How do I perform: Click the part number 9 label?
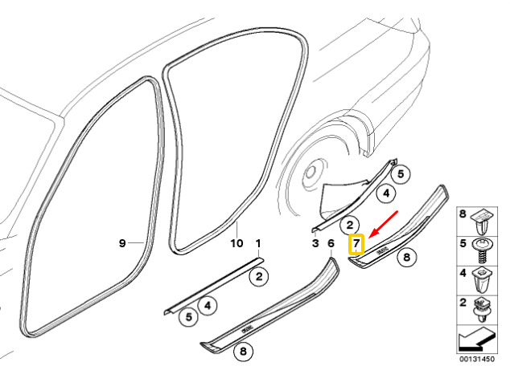[x=122, y=242]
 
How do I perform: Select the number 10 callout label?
[x=236, y=243]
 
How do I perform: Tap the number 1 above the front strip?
[x=258, y=243]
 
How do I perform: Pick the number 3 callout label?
[x=315, y=243]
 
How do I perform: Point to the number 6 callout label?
[x=331, y=243]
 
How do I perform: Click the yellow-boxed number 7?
[x=356, y=244]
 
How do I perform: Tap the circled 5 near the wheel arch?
[x=401, y=174]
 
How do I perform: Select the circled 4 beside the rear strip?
[x=386, y=193]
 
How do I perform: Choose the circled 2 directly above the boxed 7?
[x=350, y=225]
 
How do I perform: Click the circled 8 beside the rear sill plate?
[x=407, y=258]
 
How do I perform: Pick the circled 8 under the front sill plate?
[x=243, y=351]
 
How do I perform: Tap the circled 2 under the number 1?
[x=259, y=277]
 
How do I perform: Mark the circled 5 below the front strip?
[x=189, y=317]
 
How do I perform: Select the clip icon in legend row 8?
[x=483, y=222]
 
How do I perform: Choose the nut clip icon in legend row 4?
[x=482, y=280]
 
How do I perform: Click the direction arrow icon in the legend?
[x=476, y=340]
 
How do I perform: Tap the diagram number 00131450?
[x=477, y=359]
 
